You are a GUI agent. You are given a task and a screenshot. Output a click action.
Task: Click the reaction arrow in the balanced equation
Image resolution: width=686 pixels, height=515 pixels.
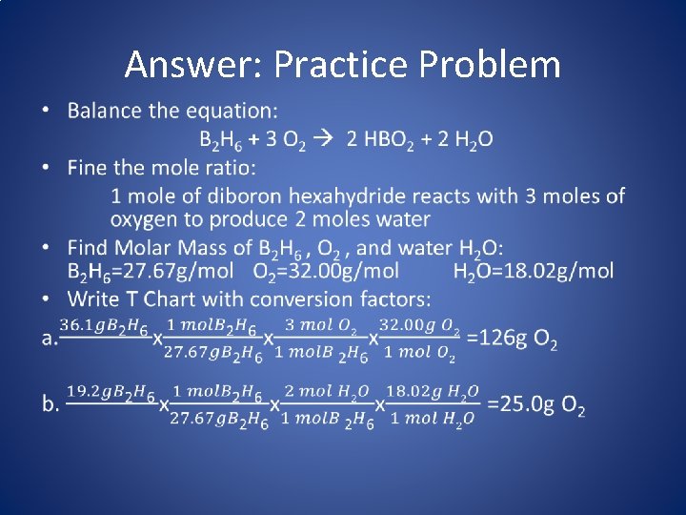click(323, 140)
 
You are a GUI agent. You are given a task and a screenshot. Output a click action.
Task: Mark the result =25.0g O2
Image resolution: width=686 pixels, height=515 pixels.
click(535, 405)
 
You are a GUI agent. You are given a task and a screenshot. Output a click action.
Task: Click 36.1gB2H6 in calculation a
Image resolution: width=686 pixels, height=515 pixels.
click(104, 327)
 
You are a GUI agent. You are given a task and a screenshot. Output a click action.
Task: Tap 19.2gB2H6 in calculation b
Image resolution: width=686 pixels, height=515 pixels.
click(111, 392)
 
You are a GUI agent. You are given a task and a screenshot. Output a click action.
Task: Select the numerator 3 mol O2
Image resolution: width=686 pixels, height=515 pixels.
click(321, 327)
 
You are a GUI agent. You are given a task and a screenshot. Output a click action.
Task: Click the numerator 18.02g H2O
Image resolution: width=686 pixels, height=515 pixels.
click(434, 392)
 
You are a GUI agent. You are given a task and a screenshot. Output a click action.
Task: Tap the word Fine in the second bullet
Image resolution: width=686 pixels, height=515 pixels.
click(89, 169)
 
